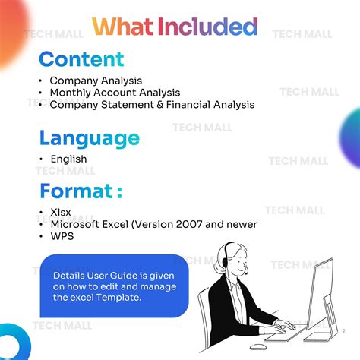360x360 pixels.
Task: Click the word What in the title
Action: (x=122, y=27)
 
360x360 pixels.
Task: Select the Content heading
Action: (x=82, y=59)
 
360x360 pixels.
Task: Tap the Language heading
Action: (x=90, y=138)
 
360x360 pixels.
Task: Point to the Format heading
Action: (x=81, y=190)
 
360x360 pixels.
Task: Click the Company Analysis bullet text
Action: (x=96, y=81)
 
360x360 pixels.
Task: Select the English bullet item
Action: (x=68, y=159)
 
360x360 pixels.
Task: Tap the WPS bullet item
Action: (x=62, y=236)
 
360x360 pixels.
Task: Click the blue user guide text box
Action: (x=114, y=286)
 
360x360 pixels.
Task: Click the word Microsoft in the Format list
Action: (x=76, y=224)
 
